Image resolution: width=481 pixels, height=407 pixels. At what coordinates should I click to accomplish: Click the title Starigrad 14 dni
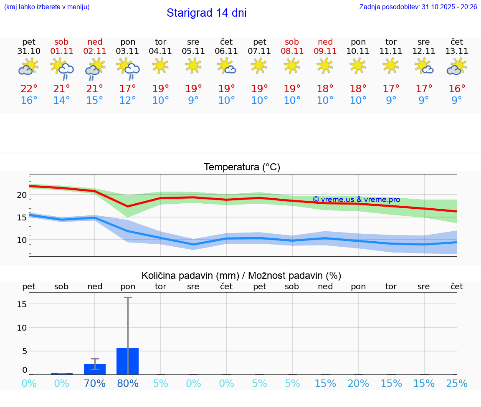tap(206, 13)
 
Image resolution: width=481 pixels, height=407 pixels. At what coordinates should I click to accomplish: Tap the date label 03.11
tap(127, 51)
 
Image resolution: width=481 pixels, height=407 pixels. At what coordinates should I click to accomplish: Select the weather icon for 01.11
tap(62, 68)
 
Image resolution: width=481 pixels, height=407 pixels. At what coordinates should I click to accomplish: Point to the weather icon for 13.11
tap(457, 67)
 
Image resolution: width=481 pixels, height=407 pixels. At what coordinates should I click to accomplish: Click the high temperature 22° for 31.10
tap(29, 89)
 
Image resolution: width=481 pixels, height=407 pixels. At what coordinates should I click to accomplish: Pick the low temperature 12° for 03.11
tap(127, 101)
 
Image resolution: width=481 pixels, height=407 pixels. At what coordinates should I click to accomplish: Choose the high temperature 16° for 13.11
tap(457, 89)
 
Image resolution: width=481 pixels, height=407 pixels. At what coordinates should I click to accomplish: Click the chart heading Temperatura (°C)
tap(242, 167)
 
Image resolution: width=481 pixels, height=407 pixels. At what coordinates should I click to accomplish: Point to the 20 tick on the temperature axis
tap(22, 195)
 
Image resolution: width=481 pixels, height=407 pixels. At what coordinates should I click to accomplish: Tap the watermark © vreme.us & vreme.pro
tap(356, 200)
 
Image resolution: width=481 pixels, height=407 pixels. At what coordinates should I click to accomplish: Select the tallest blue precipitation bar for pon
tap(127, 361)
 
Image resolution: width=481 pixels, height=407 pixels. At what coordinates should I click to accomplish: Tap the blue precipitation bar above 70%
tap(95, 369)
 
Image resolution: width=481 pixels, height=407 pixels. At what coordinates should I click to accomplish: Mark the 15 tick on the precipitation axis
tap(22, 304)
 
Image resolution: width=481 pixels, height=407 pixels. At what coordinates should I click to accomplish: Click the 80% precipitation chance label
tap(127, 384)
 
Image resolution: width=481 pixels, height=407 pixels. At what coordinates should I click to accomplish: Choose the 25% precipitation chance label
tap(457, 384)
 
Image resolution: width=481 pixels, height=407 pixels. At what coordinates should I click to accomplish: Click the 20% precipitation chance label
tap(358, 384)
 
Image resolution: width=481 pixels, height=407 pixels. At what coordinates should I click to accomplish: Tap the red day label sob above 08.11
tap(292, 42)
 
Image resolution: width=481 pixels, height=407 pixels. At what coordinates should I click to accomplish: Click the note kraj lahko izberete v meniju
tap(47, 7)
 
